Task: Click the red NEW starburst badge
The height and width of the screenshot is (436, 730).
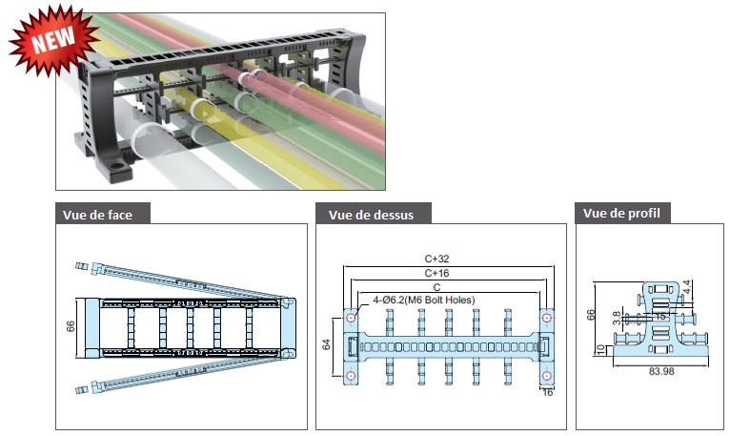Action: point(53,40)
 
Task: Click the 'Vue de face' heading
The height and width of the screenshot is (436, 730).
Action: point(97,215)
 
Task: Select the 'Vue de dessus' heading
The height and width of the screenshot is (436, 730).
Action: point(371,215)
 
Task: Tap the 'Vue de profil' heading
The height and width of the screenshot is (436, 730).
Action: point(621,213)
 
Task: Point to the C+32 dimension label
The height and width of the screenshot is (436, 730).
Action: point(436,259)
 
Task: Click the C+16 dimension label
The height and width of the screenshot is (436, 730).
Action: point(436,273)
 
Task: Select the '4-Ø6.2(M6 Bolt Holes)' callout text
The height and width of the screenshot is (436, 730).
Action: point(424,300)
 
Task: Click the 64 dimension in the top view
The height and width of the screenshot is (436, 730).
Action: point(326,344)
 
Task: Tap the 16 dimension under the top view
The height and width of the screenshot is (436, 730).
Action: point(547,393)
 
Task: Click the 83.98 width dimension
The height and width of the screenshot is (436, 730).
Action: point(661,372)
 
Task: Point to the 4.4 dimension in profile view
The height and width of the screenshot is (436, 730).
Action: point(687,287)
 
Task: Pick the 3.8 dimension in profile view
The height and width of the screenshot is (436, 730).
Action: point(617,318)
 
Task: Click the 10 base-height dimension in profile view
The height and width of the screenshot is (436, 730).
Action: point(601,349)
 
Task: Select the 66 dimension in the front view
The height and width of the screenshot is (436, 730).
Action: point(71,326)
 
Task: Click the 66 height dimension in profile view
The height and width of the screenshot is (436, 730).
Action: point(591,315)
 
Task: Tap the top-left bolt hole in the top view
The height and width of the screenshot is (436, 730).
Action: point(351,318)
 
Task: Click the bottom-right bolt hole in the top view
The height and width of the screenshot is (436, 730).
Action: point(547,376)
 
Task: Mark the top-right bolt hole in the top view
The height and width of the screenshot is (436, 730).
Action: point(547,318)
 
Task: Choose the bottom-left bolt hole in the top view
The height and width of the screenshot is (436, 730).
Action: point(351,376)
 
